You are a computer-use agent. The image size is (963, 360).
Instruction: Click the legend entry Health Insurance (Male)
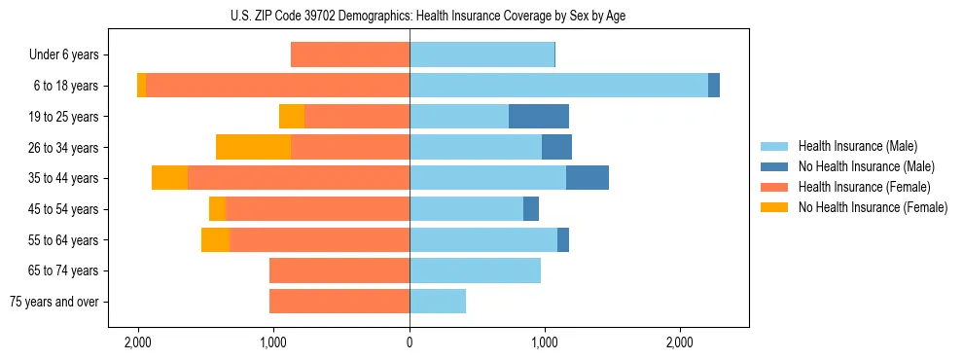point(857,146)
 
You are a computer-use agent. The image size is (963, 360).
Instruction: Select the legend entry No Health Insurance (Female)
point(873,207)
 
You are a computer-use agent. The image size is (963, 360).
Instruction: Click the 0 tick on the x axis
point(410,342)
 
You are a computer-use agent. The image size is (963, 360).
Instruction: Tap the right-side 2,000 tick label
point(680,342)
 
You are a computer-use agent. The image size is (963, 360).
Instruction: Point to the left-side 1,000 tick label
point(273,342)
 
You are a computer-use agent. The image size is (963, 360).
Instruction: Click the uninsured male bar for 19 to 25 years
point(539,117)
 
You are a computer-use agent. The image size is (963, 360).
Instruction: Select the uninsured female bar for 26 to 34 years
point(253,147)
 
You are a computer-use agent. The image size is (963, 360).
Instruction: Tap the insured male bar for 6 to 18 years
point(558,86)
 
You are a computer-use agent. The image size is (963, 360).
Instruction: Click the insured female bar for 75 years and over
point(339,302)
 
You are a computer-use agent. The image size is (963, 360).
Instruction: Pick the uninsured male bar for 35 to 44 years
point(588,178)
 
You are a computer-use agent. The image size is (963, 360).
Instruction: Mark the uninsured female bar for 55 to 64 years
point(215,239)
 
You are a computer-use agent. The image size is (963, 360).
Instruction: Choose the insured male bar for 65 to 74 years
point(475,270)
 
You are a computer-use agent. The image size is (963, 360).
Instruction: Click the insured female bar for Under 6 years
point(350,55)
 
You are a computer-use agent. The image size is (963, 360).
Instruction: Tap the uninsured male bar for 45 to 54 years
point(531,209)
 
